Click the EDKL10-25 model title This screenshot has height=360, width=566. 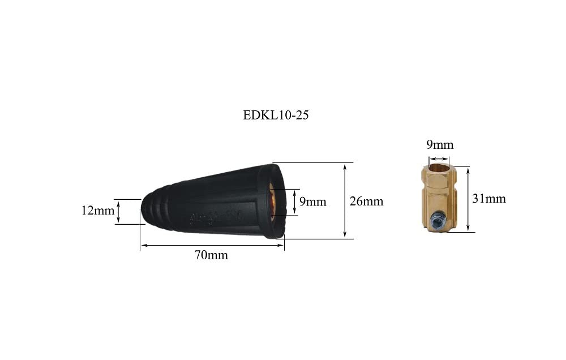click(x=276, y=115)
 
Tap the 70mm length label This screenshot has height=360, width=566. click(x=211, y=255)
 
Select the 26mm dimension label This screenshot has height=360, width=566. click(x=366, y=201)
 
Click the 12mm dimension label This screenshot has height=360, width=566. click(x=97, y=210)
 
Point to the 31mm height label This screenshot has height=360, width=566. click(x=489, y=198)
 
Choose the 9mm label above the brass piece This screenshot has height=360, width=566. click(x=440, y=144)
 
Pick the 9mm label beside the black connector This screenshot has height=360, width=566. click(x=312, y=202)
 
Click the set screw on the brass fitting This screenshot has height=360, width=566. click(x=438, y=219)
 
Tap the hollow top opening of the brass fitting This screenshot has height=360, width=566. click(x=439, y=168)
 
